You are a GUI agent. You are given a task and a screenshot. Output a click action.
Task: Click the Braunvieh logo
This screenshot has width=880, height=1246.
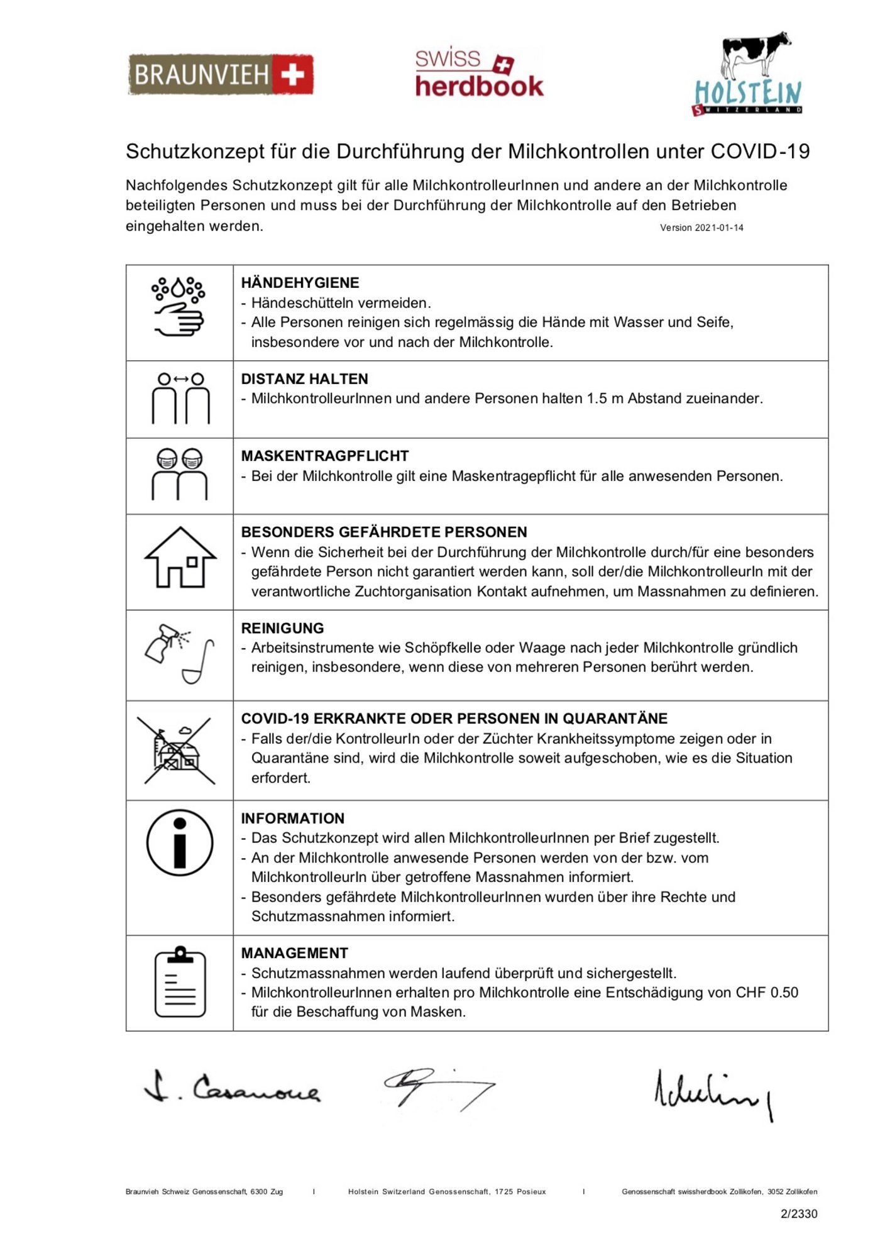221,75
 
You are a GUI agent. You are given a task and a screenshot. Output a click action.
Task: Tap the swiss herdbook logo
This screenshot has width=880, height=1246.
479,74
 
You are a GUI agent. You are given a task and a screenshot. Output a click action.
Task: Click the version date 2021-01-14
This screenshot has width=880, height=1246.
718,228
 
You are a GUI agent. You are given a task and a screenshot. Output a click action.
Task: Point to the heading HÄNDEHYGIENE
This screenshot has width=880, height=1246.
300,283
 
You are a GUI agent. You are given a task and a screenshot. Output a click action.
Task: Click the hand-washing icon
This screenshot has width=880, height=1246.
179,307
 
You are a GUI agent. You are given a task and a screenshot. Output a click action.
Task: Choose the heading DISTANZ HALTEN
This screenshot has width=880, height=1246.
304,379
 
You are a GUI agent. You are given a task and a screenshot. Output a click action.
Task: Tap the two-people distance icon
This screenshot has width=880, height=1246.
180,398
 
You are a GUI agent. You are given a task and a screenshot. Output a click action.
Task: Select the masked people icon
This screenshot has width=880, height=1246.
180,475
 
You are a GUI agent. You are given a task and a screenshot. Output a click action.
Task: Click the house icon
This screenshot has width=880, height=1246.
180,558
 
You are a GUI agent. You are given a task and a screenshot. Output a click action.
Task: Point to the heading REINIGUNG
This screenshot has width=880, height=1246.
282,628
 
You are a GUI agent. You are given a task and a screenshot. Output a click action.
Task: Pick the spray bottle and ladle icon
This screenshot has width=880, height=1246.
180,654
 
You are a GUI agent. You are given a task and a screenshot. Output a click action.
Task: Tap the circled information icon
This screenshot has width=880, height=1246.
180,842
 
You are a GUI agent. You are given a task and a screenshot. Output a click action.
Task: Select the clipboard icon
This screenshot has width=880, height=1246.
180,981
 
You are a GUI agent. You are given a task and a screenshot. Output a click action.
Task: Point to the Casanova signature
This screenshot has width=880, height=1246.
233,1088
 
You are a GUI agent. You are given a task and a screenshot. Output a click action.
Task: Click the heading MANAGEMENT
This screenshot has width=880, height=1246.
294,953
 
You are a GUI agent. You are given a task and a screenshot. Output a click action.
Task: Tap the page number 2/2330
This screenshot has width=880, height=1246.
798,1214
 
